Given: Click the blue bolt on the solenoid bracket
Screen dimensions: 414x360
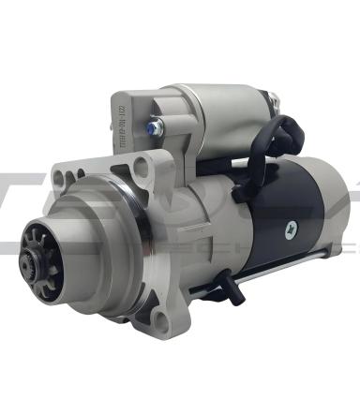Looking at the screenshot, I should pyautogui.click(x=152, y=126).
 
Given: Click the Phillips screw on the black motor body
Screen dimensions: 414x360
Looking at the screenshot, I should pyautogui.click(x=293, y=226).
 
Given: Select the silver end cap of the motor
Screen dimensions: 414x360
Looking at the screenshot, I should pyautogui.click(x=333, y=220).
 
